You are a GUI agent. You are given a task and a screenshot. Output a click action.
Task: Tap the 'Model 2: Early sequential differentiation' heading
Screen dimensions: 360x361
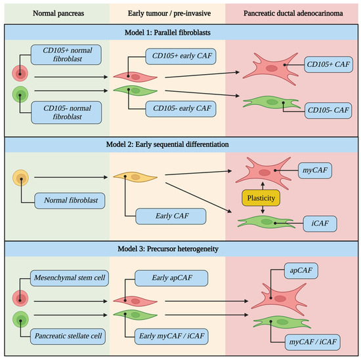180,144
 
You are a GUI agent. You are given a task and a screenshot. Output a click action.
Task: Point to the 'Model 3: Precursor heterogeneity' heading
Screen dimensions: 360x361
180,250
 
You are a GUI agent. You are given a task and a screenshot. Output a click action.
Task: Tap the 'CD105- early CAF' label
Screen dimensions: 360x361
180,107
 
